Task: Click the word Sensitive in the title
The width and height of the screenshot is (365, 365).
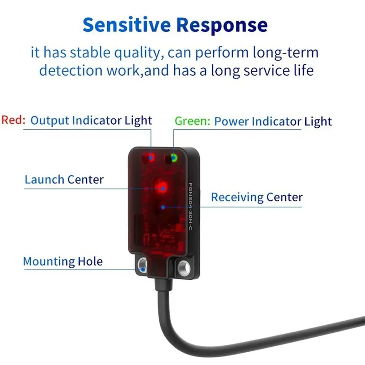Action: pos(127,25)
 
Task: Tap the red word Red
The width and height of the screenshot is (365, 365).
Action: pos(13,120)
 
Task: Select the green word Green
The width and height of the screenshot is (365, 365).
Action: pos(193,121)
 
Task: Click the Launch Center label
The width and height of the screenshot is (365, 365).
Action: pos(64,180)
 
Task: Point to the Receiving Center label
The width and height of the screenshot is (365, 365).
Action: pos(257,198)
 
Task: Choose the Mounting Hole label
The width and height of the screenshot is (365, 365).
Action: pos(63,261)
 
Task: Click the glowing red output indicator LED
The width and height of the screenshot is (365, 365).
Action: pos(151,158)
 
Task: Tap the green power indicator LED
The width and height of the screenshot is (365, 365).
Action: pos(174,158)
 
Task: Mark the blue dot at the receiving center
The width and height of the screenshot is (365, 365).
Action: pos(163,207)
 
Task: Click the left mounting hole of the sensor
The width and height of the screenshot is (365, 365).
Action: pos(142,265)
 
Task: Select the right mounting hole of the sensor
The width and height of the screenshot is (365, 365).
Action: pos(184,267)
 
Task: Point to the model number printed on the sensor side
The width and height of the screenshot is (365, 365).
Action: pos(190,207)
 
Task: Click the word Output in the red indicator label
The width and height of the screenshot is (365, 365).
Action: pos(50,120)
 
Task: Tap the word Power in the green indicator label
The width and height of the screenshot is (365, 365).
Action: pos(231,121)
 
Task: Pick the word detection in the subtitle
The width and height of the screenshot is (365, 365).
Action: pos(71,71)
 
